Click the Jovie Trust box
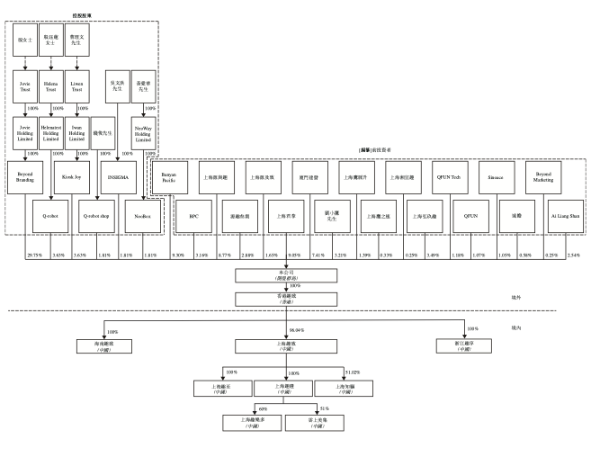coord(26,88)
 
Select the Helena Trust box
coord(52,88)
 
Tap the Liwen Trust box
coord(78,88)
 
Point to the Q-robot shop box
coord(96,217)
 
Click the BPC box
coord(193,217)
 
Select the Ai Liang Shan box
coord(564,217)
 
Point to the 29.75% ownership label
coord(34,256)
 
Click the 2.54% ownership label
coord(575,256)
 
